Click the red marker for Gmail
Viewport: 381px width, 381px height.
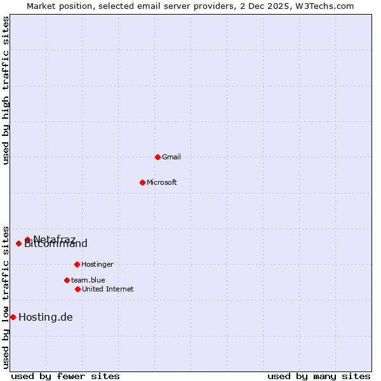[157, 157]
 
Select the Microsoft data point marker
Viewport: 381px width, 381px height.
[142, 182]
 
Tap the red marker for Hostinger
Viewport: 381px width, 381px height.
[77, 264]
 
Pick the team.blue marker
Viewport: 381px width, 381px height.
[67, 280]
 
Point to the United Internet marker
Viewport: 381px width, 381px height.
[77, 289]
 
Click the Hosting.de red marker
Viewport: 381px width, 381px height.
[13, 317]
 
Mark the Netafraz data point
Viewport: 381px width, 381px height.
[27, 240]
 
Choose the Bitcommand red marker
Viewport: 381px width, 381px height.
[18, 243]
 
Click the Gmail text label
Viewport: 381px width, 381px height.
[171, 157]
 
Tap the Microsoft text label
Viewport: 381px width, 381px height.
[162, 182]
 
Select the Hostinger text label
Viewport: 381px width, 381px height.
[97, 264]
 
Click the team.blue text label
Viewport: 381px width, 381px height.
[88, 280]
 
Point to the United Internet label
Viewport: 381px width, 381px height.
[108, 289]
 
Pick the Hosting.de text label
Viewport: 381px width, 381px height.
[46, 317]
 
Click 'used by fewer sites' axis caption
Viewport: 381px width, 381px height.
[65, 376]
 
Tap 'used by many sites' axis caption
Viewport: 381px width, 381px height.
[319, 376]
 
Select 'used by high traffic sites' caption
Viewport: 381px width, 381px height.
[6, 90]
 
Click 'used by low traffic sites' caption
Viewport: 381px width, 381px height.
[6, 297]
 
